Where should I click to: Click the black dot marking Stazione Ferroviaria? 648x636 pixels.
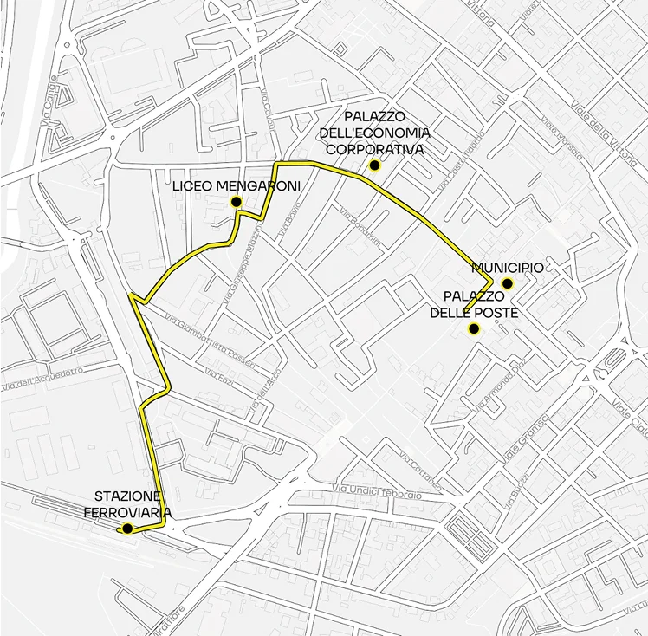(127, 529)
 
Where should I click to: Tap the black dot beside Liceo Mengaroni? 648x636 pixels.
(235, 202)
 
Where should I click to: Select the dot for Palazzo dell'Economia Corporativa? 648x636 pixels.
(374, 165)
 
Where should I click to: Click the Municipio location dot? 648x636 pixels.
(508, 283)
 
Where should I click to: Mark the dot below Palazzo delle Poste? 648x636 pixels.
(474, 328)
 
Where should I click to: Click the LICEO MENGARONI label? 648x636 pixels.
(224, 186)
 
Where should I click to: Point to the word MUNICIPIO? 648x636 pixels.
(508, 269)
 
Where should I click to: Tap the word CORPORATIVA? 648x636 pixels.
(374, 149)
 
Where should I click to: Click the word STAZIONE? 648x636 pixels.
(127, 496)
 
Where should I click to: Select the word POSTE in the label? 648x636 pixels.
(496, 312)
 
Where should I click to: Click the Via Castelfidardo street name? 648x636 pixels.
(459, 167)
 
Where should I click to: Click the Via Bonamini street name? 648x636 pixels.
(360, 228)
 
